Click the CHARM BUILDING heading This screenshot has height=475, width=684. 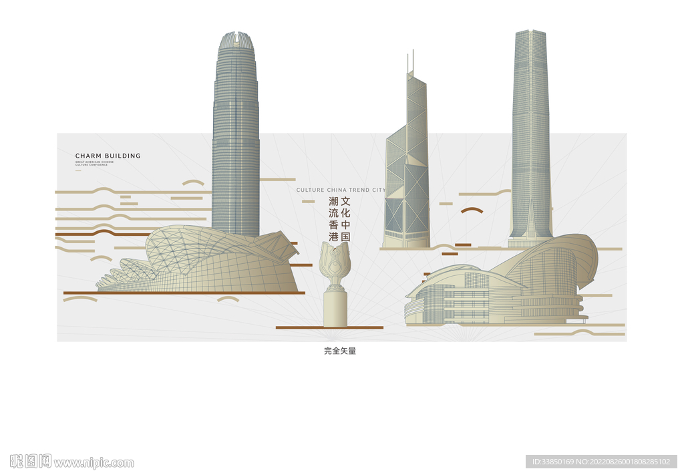pyautogui.click(x=108, y=156)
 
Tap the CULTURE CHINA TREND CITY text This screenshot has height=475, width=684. pyautogui.click(x=341, y=190)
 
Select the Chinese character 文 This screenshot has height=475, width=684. pyautogui.click(x=346, y=200)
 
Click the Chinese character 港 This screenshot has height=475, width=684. pyautogui.click(x=333, y=236)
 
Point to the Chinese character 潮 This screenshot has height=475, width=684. pyautogui.click(x=333, y=200)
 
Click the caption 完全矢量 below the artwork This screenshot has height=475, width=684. pyautogui.click(x=340, y=351)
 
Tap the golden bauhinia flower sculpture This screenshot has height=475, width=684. pyautogui.click(x=335, y=265)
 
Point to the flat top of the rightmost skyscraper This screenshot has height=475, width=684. pyautogui.click(x=530, y=31)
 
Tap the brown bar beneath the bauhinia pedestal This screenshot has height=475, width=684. pyautogui.click(x=329, y=327)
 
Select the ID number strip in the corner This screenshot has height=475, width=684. pyautogui.click(x=601, y=462)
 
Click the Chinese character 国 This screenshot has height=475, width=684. pyautogui.click(x=346, y=236)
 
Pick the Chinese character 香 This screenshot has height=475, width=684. pyautogui.click(x=333, y=224)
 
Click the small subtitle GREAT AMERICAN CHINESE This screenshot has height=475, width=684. pyautogui.click(x=94, y=162)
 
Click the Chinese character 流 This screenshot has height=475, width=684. pyautogui.click(x=333, y=212)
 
